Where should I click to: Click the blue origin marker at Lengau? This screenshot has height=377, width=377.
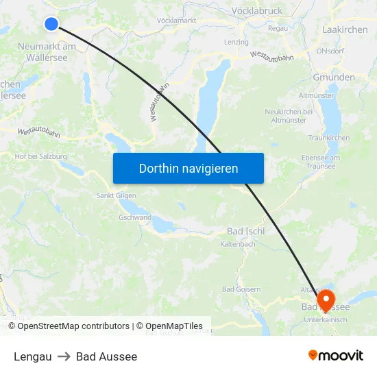pyautogui.click(x=51, y=24)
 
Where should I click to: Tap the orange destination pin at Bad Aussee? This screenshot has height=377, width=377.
pyautogui.click(x=325, y=299)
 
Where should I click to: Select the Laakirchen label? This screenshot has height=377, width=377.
pyautogui.click(x=345, y=30)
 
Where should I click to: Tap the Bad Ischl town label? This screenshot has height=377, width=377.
pyautogui.click(x=246, y=231)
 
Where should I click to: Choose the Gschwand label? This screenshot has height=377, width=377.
pyautogui.click(x=135, y=218)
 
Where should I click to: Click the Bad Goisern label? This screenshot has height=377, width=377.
pyautogui.click(x=241, y=289)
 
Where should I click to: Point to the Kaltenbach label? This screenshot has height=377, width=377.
pyautogui.click(x=238, y=245)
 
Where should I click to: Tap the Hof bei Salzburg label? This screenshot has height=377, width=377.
pyautogui.click(x=41, y=156)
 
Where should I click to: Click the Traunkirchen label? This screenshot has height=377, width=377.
pyautogui.click(x=329, y=138)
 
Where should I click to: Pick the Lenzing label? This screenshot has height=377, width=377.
pyautogui.click(x=236, y=42)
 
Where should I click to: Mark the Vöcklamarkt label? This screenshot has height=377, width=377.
pyautogui.click(x=177, y=21)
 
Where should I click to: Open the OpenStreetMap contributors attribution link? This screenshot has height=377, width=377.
pyautogui.click(x=73, y=326)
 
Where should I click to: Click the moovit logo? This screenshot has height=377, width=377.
pyautogui.click(x=336, y=356)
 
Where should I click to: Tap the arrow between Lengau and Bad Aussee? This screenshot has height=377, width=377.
pyautogui.click(x=64, y=356)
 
